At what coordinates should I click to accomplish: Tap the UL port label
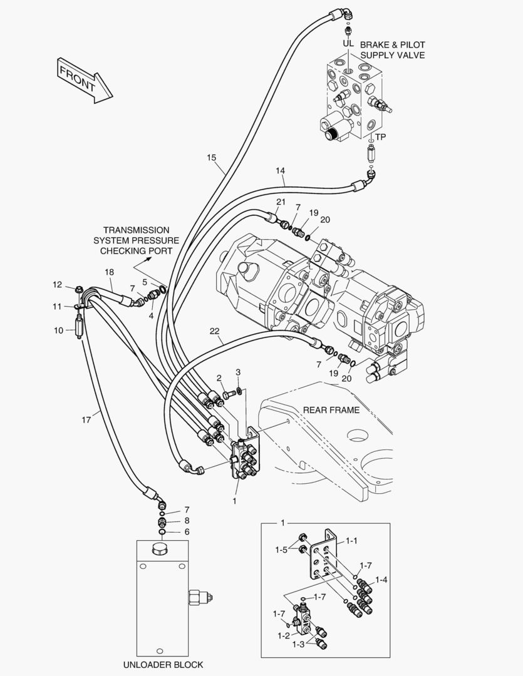(348, 44)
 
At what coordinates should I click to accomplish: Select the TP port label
(380, 137)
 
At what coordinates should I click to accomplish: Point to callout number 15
(211, 157)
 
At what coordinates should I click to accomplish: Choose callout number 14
(280, 170)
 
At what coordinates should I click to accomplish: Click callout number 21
(281, 202)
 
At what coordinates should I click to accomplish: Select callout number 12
(57, 285)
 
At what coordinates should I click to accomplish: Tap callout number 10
(58, 330)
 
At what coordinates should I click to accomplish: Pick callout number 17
(86, 420)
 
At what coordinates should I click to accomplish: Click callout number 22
(214, 330)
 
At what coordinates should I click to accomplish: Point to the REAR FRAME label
(331, 410)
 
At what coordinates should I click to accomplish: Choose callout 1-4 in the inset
(380, 580)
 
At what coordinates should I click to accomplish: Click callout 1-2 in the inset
(283, 636)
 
